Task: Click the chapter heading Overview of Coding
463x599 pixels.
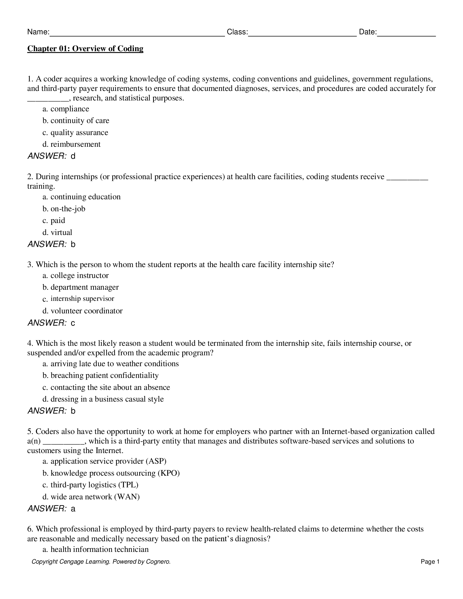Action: click(85, 49)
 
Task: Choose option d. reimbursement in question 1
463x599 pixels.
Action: click(72, 144)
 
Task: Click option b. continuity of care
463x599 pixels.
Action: click(76, 121)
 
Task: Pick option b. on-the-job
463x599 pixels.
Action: click(64, 209)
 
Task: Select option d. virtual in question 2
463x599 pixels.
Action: click(57, 232)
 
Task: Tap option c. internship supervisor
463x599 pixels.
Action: click(78, 299)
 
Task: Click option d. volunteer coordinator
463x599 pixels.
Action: click(83, 311)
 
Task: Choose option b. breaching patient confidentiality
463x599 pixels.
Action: click(101, 375)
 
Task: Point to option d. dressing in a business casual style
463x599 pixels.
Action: click(103, 399)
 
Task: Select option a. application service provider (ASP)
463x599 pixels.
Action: click(105, 461)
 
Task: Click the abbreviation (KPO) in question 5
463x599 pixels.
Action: click(169, 473)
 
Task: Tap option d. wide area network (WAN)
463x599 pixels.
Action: click(91, 497)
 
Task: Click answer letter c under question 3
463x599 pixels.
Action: click(73, 323)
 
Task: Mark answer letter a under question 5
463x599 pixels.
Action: click(73, 509)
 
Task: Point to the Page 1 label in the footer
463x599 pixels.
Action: click(430, 562)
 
